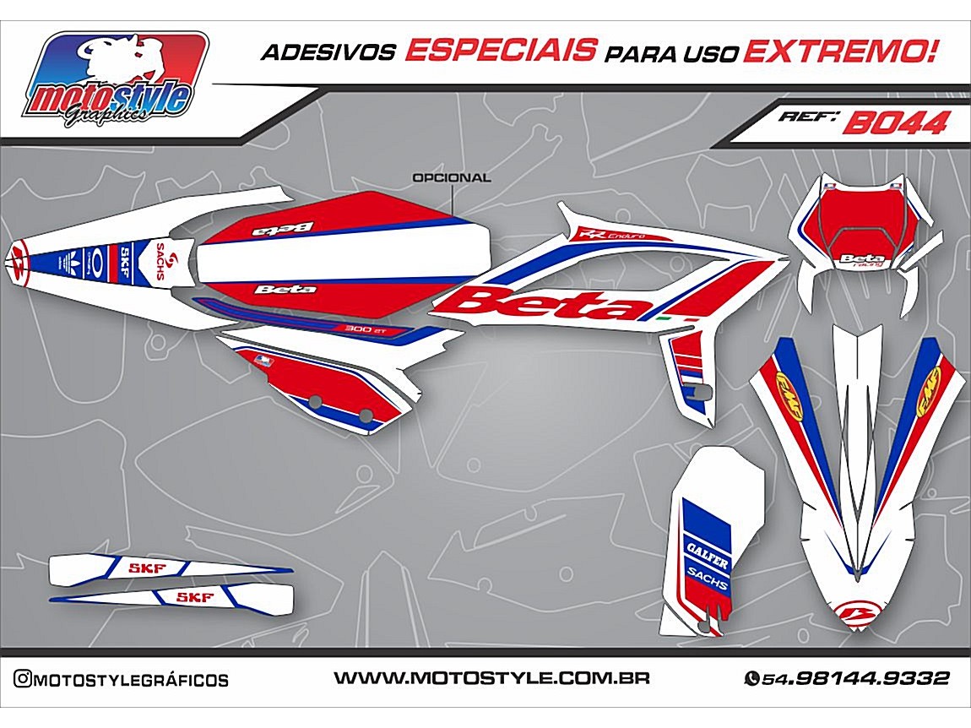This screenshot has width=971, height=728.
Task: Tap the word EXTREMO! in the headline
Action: click(841, 52)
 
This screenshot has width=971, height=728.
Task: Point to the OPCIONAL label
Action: click(451, 178)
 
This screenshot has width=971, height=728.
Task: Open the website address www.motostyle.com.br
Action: click(491, 678)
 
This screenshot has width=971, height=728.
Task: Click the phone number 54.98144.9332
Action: click(855, 678)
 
